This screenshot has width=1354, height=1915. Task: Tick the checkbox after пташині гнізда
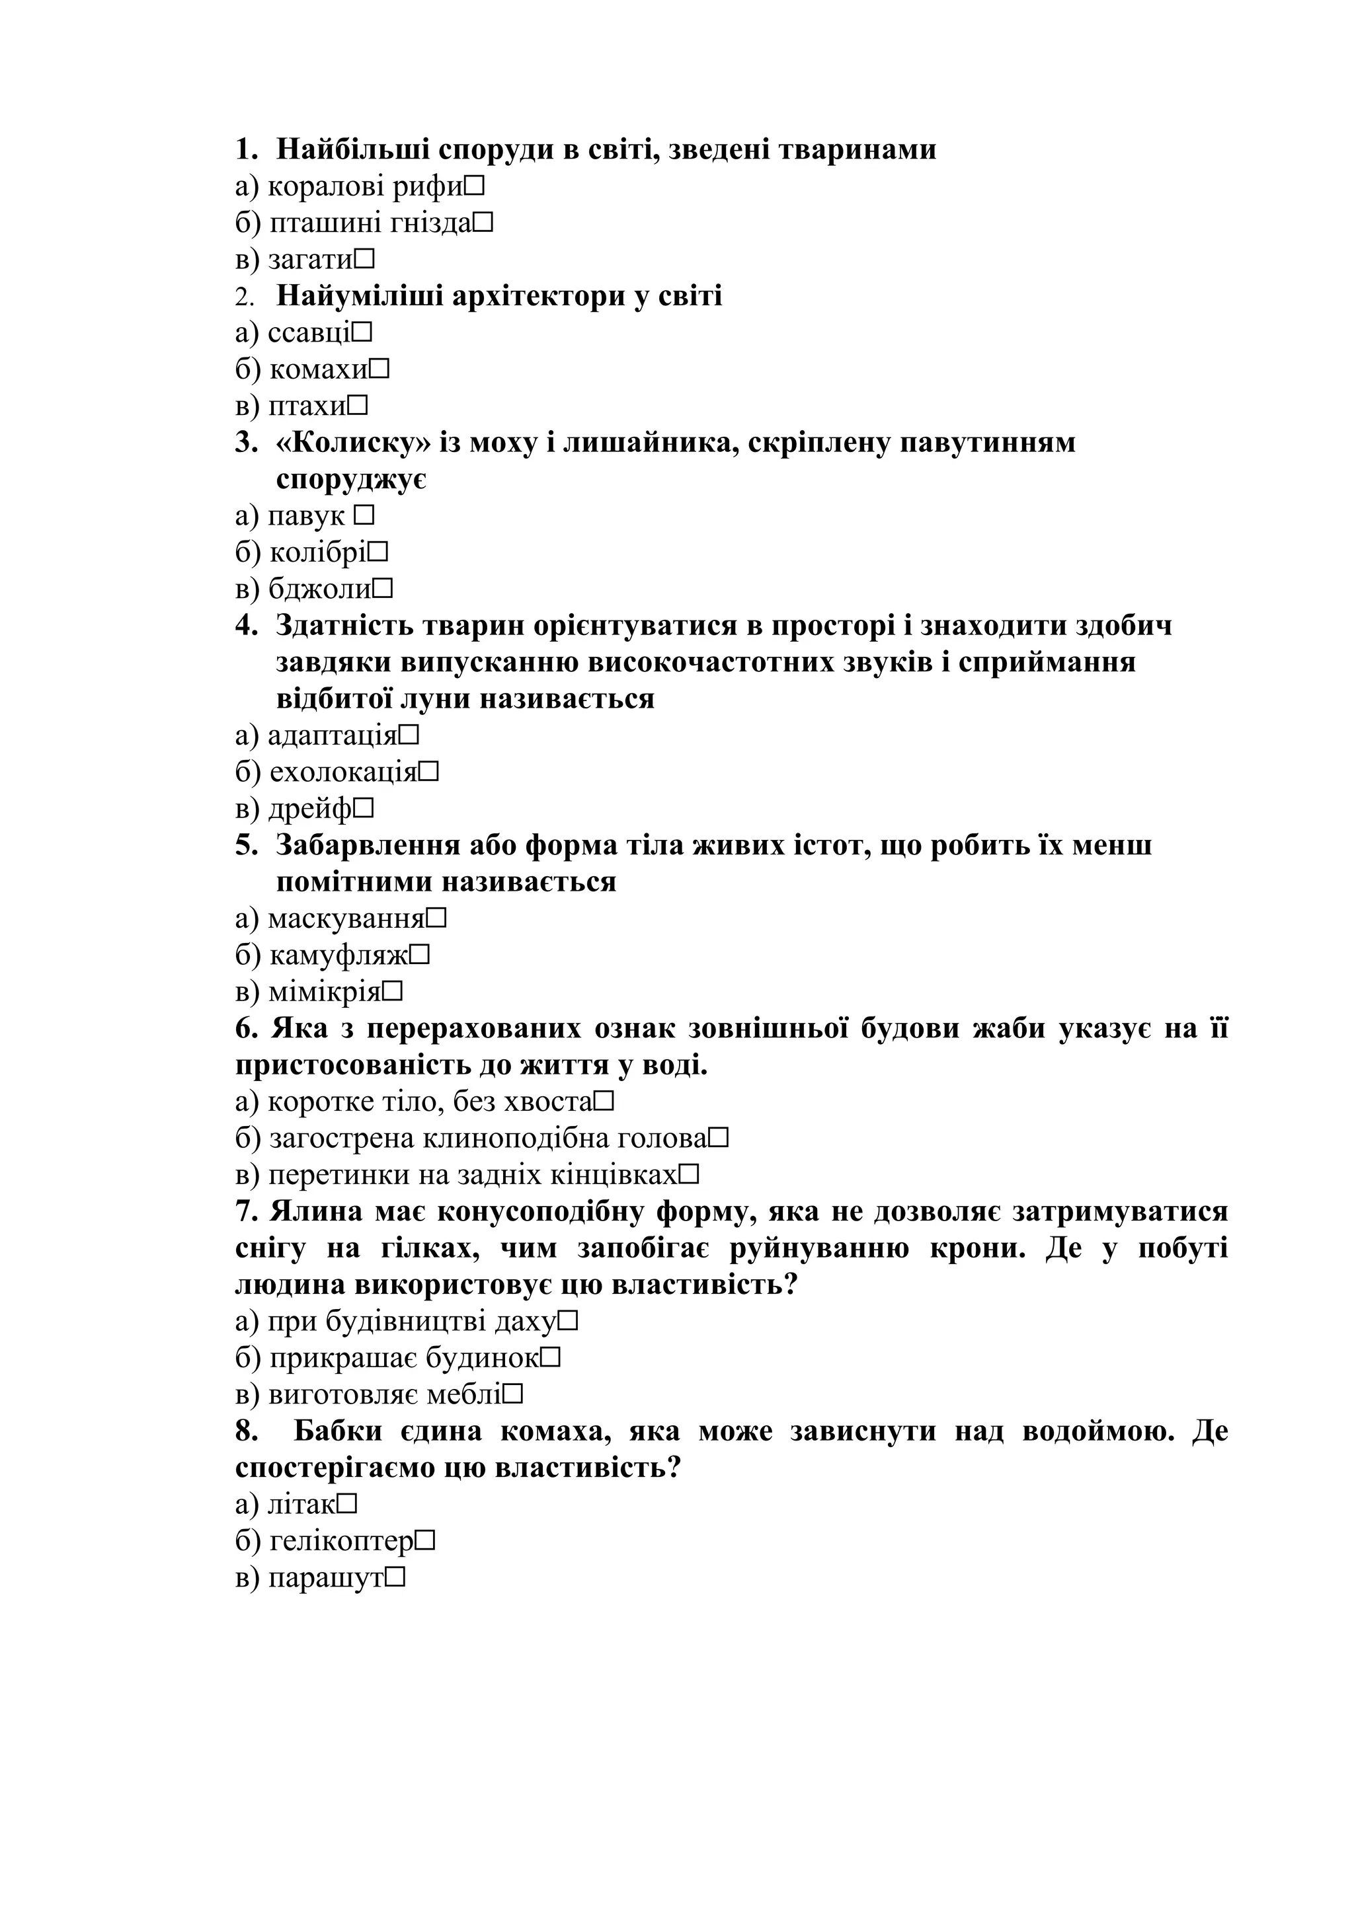tap(483, 223)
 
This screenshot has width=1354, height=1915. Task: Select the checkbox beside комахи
tap(379, 369)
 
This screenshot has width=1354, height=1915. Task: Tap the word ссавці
tap(309, 333)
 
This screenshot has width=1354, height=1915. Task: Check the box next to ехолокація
tap(429, 772)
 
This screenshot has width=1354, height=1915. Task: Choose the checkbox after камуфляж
tap(420, 955)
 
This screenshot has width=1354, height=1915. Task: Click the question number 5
tap(246, 845)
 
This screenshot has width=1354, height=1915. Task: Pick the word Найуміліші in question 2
tap(360, 296)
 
